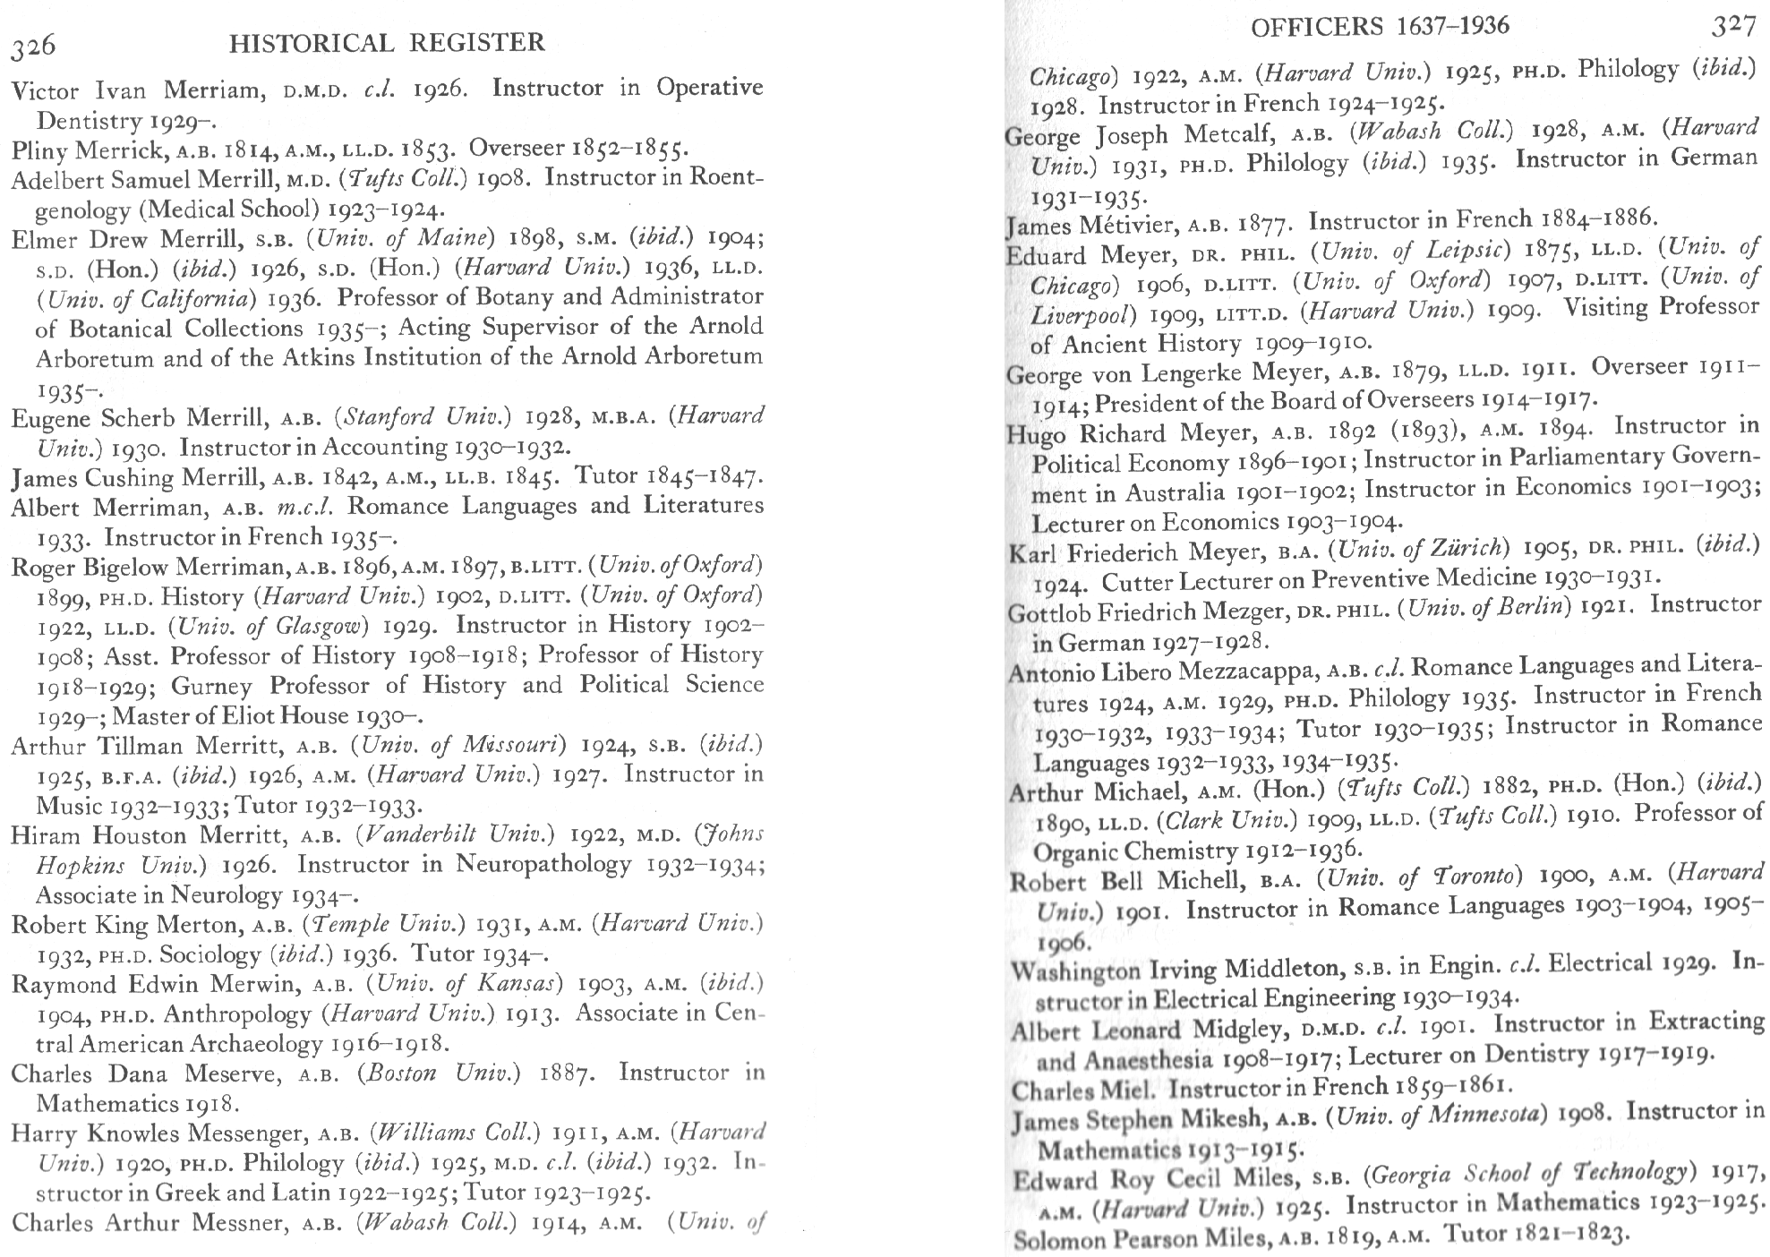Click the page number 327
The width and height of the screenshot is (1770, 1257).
tap(1733, 27)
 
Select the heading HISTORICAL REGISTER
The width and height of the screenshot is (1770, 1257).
tap(387, 42)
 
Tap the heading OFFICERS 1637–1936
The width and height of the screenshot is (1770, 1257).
tap(1379, 27)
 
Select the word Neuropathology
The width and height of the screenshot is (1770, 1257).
tap(543, 865)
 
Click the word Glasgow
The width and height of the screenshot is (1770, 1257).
tap(317, 626)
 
